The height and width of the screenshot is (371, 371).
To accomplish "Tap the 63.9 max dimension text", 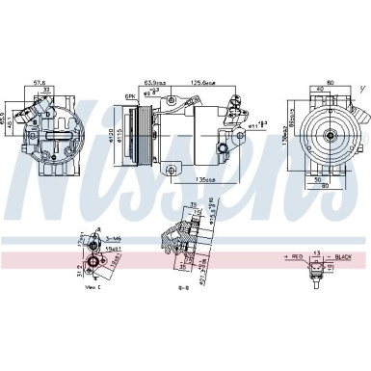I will point(154,84).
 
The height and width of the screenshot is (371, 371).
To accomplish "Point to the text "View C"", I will point(93,286).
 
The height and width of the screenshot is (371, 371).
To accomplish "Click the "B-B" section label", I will point(185,286).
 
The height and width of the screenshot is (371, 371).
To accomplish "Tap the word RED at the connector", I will point(299,257).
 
